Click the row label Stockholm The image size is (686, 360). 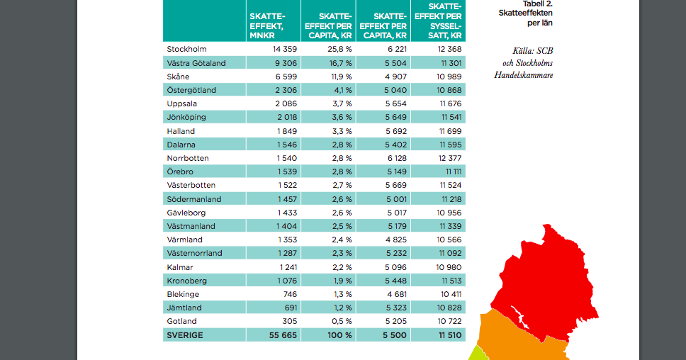tap(186, 50)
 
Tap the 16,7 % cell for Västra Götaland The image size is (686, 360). tap(338, 63)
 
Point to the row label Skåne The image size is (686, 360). tap(179, 77)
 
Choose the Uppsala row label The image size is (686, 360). tap(182, 103)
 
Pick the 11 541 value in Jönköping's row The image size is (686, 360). tap(449, 117)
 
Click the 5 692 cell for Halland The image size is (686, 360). tap(393, 131)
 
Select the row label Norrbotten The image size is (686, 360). tap(187, 158)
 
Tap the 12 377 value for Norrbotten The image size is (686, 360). tap(449, 158)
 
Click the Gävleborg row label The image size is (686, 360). tap(186, 213)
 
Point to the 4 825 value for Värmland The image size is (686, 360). tap(393, 240)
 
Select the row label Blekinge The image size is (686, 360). tap(183, 294)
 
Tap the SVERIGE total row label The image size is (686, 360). tap(185, 335)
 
